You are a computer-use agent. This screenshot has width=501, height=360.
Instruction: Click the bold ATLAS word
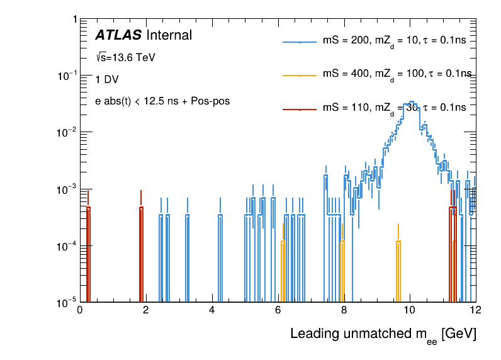(118, 35)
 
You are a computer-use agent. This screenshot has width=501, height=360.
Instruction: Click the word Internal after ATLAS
(169, 35)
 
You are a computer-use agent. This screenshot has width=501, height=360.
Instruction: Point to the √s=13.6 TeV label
(125, 57)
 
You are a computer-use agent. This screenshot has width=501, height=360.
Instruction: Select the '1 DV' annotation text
(106, 79)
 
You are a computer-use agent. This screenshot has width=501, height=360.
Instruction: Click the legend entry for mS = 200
(394, 40)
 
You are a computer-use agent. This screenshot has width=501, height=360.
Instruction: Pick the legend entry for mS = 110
(394, 108)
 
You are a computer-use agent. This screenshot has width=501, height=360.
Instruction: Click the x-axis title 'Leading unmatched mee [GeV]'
(383, 335)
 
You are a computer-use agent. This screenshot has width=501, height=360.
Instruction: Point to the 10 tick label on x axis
(410, 310)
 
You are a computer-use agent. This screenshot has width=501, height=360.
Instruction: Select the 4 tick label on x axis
(212, 310)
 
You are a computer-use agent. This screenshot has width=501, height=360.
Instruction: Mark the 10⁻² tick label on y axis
(65, 132)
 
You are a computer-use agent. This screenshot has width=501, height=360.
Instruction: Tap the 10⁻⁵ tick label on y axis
(65, 303)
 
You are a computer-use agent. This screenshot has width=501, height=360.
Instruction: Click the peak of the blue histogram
(411, 102)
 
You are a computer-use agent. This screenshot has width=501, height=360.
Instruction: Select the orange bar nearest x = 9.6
(398, 271)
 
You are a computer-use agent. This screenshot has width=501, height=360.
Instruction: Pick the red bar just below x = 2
(141, 252)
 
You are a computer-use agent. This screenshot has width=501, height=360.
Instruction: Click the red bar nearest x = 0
(88, 252)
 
